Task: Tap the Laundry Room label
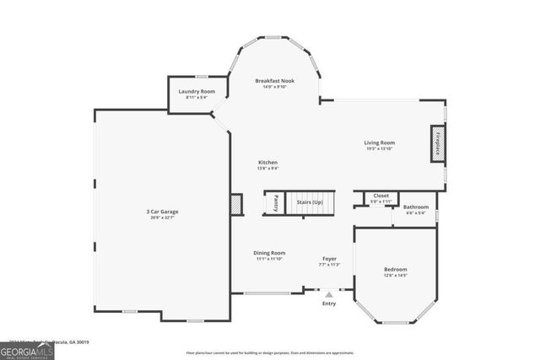click(x=196, y=91)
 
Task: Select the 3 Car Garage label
click(x=163, y=211)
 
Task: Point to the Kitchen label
click(x=267, y=162)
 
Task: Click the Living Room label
click(x=380, y=142)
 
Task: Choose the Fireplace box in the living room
click(x=439, y=143)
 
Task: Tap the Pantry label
click(x=275, y=203)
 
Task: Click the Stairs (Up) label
click(x=310, y=202)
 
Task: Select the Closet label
click(x=381, y=196)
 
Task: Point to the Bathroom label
click(x=415, y=207)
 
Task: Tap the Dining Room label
click(x=270, y=253)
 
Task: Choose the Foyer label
click(x=329, y=258)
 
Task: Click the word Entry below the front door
click(x=329, y=304)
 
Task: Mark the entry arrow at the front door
click(x=329, y=295)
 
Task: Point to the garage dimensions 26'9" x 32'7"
click(x=163, y=218)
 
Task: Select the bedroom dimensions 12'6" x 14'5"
click(x=396, y=275)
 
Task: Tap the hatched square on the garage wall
click(x=236, y=204)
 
